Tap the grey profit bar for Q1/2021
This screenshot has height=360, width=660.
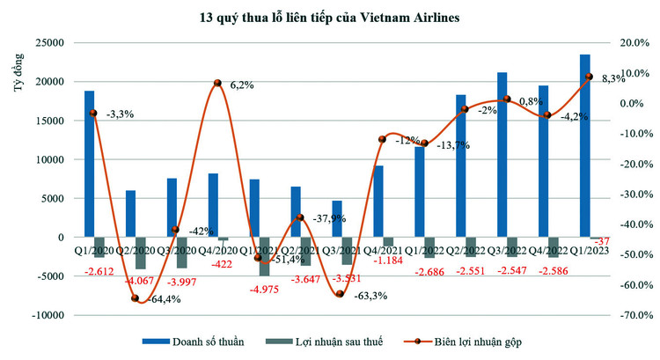click(264, 256)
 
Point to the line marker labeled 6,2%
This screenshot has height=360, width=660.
click(216, 84)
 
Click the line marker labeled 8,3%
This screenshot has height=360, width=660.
click(589, 77)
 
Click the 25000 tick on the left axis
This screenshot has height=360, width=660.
click(50, 42)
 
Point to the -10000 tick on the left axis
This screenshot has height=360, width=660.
click(48, 315)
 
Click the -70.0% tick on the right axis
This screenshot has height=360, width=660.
click(632, 315)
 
